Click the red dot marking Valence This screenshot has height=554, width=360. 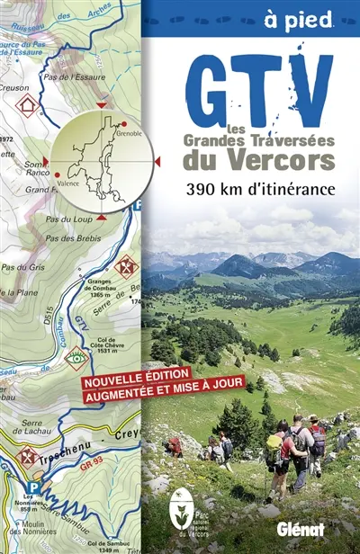58,175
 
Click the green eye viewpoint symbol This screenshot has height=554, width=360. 77,357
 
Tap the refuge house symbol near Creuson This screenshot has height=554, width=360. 27,105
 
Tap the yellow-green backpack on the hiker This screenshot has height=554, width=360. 272,451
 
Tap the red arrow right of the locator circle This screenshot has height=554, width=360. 158,161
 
